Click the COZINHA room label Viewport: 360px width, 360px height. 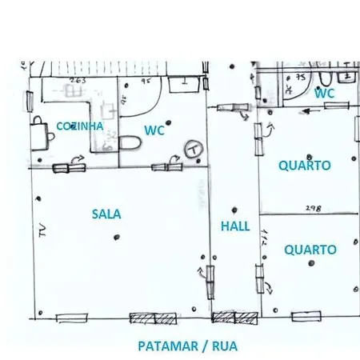[80, 126]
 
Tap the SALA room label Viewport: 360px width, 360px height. [106, 214]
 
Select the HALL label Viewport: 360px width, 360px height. [235, 226]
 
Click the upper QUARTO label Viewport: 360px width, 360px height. [305, 166]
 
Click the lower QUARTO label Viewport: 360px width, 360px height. [310, 250]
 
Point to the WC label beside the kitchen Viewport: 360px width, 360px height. [154, 130]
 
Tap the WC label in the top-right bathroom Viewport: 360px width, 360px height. [324, 94]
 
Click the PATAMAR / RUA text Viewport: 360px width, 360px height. [187, 346]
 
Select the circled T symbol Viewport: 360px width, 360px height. [192, 149]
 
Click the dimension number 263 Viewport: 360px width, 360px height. [78, 81]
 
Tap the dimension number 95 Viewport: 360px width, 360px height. [146, 81]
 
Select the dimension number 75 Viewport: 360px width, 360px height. [300, 78]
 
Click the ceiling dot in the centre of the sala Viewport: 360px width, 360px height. [118, 236]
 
